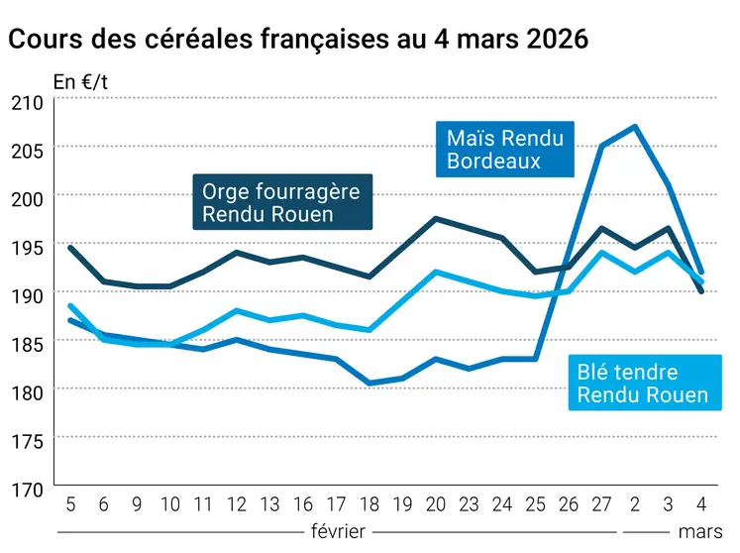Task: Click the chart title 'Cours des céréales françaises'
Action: (297, 40)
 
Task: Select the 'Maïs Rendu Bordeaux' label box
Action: (504, 149)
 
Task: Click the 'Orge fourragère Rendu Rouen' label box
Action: (281, 201)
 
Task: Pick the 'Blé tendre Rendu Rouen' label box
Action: (643, 384)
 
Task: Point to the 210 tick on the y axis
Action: (27, 102)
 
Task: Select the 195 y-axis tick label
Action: (27, 247)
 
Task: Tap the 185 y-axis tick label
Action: (27, 343)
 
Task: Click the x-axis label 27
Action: (601, 503)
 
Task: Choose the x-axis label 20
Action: (435, 503)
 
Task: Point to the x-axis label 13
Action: (269, 503)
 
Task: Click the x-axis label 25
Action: (535, 503)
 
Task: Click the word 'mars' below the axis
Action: (699, 531)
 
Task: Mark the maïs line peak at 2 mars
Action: (634, 126)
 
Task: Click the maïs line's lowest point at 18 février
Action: (369, 383)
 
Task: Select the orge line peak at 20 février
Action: (435, 218)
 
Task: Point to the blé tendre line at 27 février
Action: (601, 252)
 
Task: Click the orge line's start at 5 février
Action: (70, 247)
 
